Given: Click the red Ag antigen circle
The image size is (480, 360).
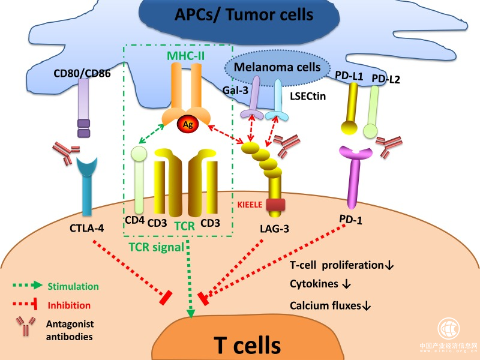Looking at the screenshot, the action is point(188,124).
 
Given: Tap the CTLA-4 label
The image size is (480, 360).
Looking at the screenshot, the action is point(86,228).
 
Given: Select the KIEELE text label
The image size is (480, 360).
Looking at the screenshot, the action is point(250,205).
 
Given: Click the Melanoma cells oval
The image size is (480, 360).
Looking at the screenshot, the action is point(277,67).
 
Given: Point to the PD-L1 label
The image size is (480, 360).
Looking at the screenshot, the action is point(349,76).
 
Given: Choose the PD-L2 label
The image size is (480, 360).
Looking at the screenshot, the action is point(386,79).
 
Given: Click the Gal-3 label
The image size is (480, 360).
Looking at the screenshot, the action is point(235,91).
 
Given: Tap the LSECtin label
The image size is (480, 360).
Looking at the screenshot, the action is point(308,97).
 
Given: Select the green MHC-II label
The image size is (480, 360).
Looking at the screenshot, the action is point(186,56).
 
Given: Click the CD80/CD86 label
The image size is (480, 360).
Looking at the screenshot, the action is point(82,73).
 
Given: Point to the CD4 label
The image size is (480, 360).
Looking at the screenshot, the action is point(134,220).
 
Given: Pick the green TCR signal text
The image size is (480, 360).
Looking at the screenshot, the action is point(157,247).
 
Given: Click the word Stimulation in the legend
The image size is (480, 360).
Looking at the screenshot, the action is point(73,286).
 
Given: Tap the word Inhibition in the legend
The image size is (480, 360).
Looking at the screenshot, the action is point(69,305).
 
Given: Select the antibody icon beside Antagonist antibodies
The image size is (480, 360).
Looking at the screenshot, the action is point(26,326).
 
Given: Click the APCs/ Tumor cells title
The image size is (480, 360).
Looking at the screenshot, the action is point(244,14).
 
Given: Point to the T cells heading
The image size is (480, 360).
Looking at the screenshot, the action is point(247,345).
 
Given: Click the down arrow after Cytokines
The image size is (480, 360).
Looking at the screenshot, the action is point(346,284).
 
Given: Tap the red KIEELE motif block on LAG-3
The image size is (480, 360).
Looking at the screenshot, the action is point(275,205).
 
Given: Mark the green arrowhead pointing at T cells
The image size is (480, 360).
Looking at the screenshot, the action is point(191,313).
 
